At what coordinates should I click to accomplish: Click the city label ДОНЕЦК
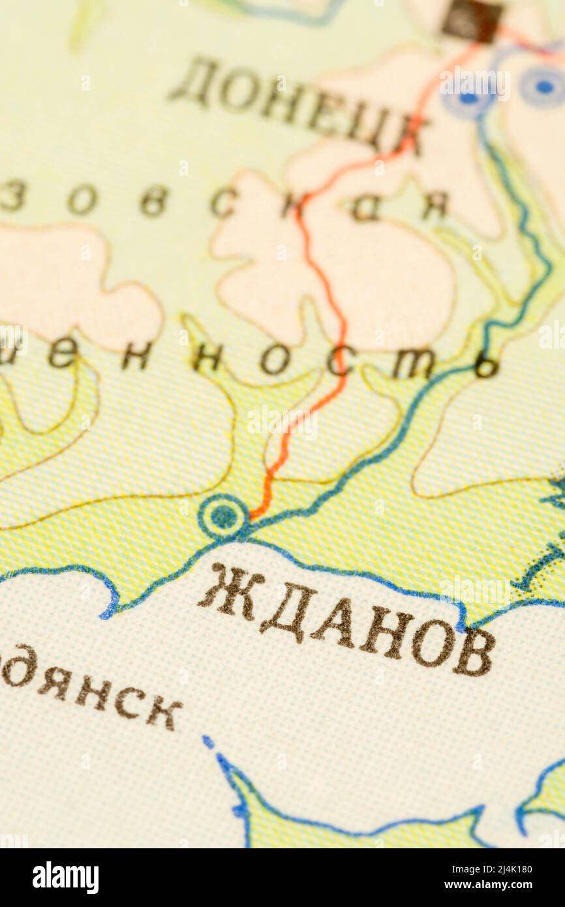[297, 104]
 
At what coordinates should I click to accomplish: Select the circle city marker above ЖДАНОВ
[223, 517]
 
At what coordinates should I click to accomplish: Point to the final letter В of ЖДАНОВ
[473, 652]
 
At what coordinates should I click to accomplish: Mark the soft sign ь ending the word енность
[486, 365]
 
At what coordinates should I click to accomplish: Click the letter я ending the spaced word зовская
[434, 206]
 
